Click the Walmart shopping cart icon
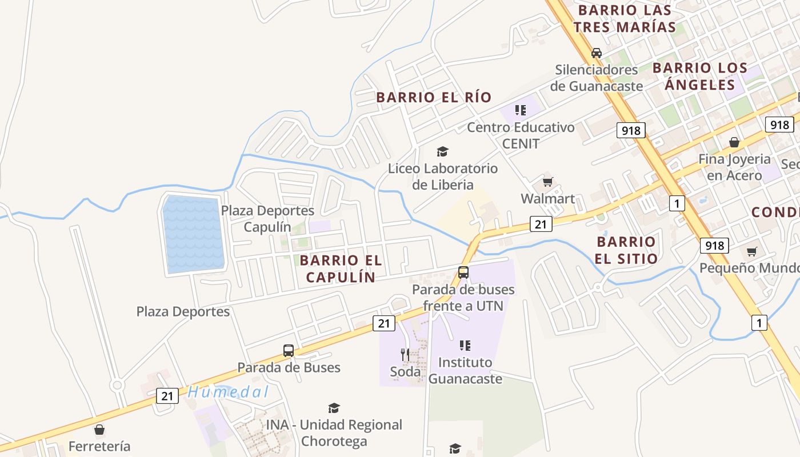pyautogui.click(x=547, y=182)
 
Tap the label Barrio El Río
pyautogui.click(x=434, y=97)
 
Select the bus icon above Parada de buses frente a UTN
pyautogui.click(x=463, y=272)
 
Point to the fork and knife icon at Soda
pyautogui.click(x=405, y=355)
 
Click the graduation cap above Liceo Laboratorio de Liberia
pyautogui.click(x=442, y=151)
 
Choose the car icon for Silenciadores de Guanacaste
pyautogui.click(x=597, y=53)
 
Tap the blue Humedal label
pyautogui.click(x=228, y=392)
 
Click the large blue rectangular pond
pyautogui.click(x=193, y=234)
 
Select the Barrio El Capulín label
pyautogui.click(x=341, y=268)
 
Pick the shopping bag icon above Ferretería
pyautogui.click(x=99, y=430)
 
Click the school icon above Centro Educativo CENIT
pyautogui.click(x=520, y=110)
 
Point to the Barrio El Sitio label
pyautogui.click(x=626, y=250)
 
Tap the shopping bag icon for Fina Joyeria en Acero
pyautogui.click(x=734, y=142)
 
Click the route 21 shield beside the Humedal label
pyautogui.click(x=167, y=395)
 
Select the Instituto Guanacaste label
pyautogui.click(x=465, y=370)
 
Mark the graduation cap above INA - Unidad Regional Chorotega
pyautogui.click(x=334, y=408)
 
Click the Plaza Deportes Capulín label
pyautogui.click(x=267, y=218)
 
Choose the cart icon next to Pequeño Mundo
pyautogui.click(x=752, y=251)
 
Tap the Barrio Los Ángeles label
pyautogui.click(x=700, y=76)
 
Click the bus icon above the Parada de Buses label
pyautogui.click(x=289, y=350)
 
